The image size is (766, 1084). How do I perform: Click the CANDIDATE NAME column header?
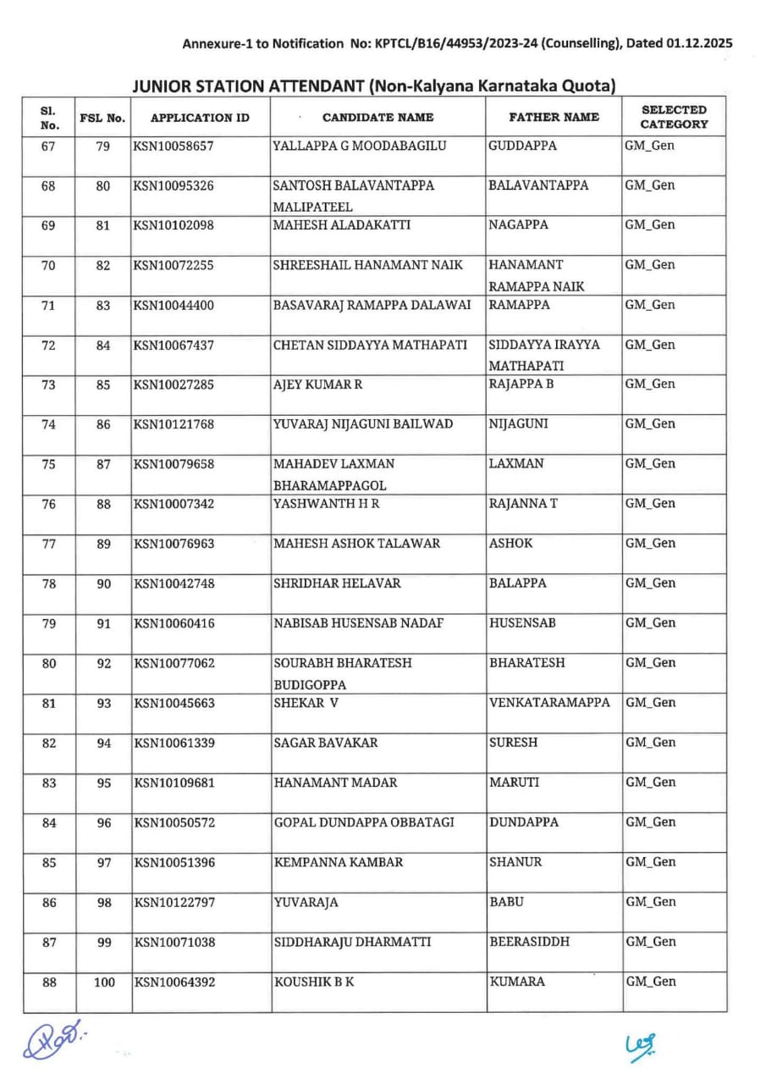click(377, 118)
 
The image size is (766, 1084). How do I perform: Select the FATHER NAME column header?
click(554, 118)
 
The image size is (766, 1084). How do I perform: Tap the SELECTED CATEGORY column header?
click(674, 118)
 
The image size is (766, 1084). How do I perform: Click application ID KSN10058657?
click(174, 146)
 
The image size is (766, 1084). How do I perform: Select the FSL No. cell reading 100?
click(103, 982)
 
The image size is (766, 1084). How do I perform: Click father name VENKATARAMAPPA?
click(549, 703)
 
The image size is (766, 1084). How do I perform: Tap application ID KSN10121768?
click(174, 424)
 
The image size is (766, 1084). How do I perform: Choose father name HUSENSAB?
click(522, 623)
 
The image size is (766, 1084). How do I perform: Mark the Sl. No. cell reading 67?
click(49, 146)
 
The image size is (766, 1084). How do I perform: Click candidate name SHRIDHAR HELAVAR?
click(337, 583)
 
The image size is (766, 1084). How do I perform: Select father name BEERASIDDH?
click(529, 942)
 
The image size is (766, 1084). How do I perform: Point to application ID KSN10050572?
click(174, 822)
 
